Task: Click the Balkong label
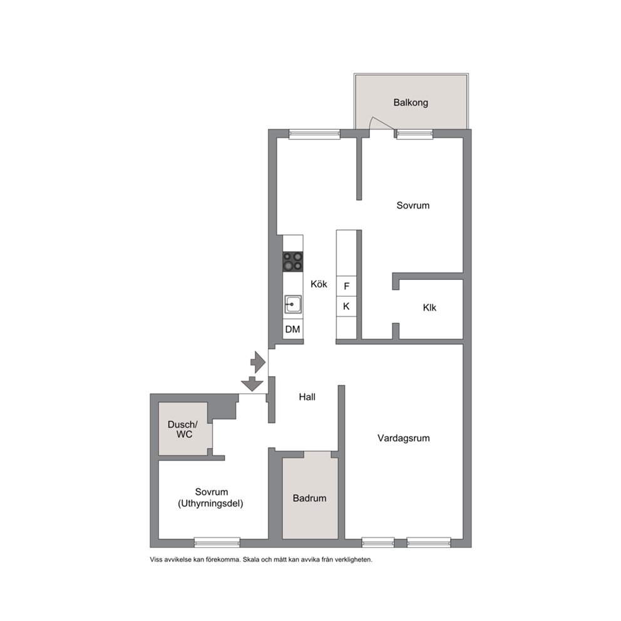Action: tap(411, 103)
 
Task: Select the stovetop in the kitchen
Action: tap(293, 262)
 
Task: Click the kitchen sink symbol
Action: tap(293, 304)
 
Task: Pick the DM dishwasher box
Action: tap(293, 329)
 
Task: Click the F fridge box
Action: tap(347, 286)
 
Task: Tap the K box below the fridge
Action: tap(347, 306)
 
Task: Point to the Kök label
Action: tap(319, 284)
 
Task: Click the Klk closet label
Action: tap(429, 308)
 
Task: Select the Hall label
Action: tap(307, 397)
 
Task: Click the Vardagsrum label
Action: tap(404, 438)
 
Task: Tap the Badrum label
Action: tap(309, 498)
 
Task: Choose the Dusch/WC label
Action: tap(183, 429)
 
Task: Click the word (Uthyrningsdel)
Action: tap(210, 504)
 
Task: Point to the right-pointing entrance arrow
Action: tap(258, 362)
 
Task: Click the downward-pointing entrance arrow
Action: tap(252, 384)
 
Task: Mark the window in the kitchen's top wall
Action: tap(314, 134)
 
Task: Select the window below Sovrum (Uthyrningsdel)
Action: tap(217, 542)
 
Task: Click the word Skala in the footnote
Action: tap(250, 560)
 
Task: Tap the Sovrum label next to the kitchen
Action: tap(413, 205)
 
